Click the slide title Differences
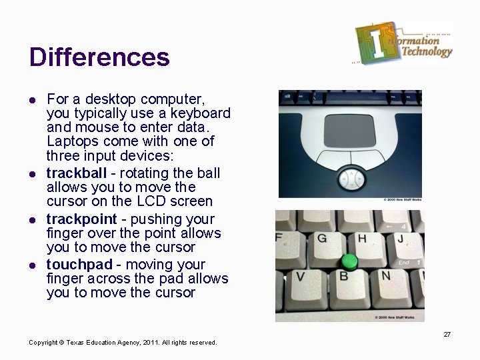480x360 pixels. tap(99, 57)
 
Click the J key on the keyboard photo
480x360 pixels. tap(402, 240)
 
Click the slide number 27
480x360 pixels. tap(447, 334)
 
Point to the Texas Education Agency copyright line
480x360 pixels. tap(123, 343)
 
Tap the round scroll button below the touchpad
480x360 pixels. tap(350, 178)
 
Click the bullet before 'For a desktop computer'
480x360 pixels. tap(32, 99)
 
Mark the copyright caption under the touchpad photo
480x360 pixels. tap(402, 199)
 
